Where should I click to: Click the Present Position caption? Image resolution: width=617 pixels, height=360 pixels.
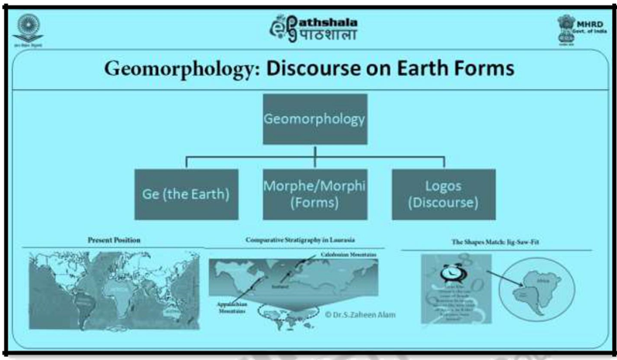(x=114, y=242)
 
